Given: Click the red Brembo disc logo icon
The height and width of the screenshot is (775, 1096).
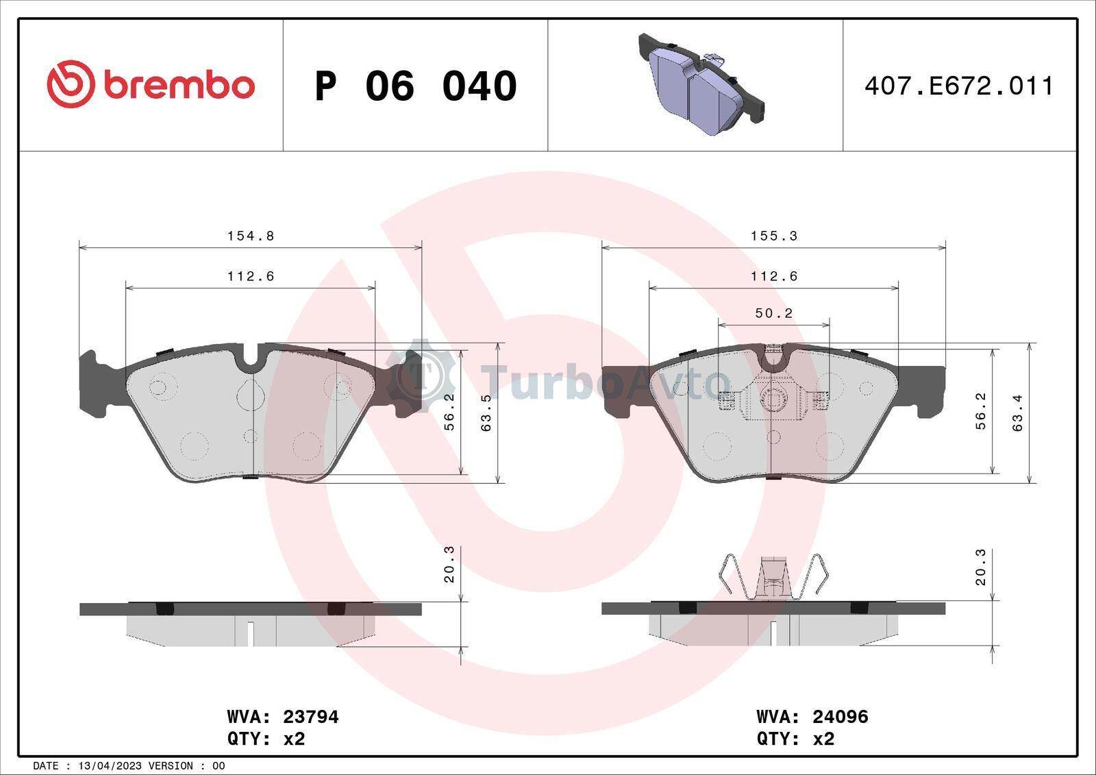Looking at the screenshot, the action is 71,84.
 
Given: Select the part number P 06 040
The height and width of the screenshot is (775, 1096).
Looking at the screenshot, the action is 416,86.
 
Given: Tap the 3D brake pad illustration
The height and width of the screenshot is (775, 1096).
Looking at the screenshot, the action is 701,84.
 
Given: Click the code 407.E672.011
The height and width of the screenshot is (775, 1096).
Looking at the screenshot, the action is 958,86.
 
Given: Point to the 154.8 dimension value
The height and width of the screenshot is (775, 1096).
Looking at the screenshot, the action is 251,236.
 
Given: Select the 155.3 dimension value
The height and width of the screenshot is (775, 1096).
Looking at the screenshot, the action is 774,236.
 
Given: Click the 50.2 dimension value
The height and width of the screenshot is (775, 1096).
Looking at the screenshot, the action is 773,313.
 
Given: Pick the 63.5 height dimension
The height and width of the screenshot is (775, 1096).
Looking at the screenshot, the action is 486,413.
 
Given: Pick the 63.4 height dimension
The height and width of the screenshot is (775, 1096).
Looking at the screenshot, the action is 1018,413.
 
